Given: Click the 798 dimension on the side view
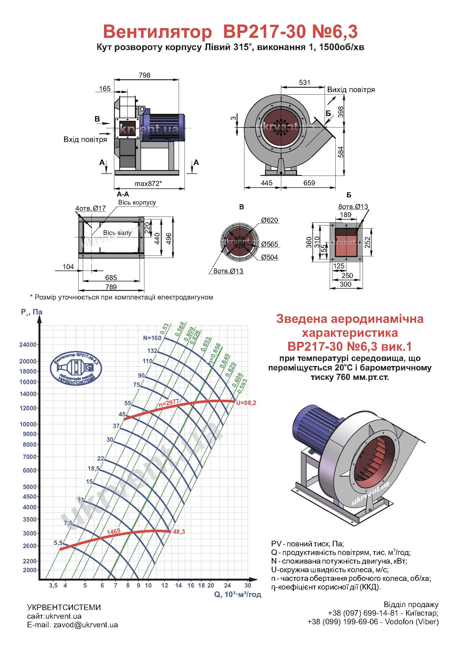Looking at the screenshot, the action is click(144, 75).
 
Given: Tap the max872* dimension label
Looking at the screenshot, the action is click(148, 183).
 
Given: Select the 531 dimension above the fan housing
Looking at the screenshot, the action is click(305, 82).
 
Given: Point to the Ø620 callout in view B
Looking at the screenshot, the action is click(270, 220).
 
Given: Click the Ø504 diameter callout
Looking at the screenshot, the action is click(270, 257).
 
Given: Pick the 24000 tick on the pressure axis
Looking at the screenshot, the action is click(28, 345).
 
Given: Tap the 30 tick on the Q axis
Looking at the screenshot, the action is click(248, 585).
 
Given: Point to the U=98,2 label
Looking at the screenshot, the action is click(246, 403).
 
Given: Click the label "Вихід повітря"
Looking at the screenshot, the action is click(351, 90).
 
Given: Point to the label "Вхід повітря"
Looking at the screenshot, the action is click(85, 139).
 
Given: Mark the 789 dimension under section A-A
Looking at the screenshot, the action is click(111, 287).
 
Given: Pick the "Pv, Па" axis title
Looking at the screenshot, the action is click(32, 312).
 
